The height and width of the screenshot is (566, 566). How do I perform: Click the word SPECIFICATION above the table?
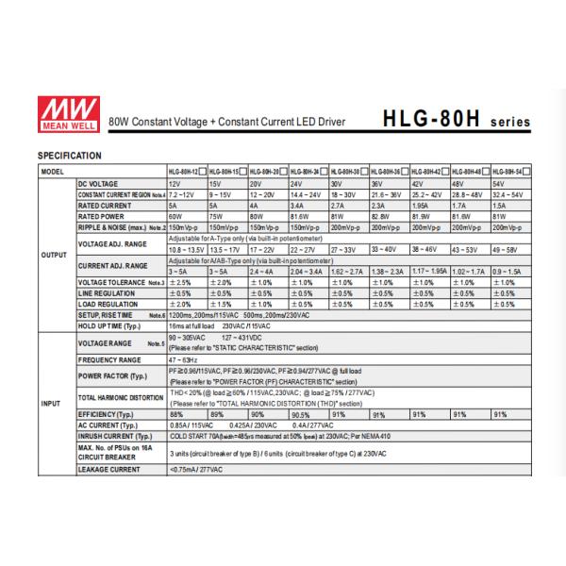click(69, 155)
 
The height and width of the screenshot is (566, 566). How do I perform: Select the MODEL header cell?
click(52, 172)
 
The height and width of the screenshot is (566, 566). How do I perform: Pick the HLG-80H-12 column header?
click(185, 172)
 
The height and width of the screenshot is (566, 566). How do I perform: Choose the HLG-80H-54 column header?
click(510, 172)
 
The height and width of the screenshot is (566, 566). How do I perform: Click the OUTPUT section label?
click(53, 254)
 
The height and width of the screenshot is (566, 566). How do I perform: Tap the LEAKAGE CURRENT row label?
click(108, 469)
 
